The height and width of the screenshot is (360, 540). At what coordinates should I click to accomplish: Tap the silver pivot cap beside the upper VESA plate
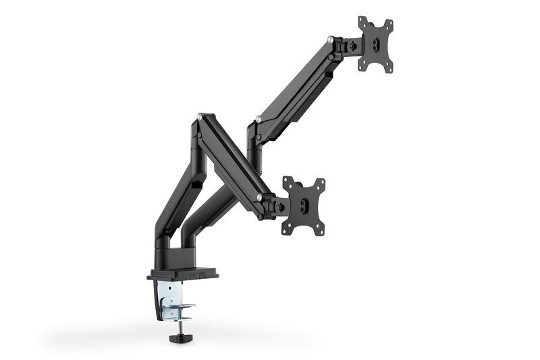pos(329,39)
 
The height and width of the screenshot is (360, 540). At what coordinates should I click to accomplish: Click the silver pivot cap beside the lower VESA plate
pos(259,197)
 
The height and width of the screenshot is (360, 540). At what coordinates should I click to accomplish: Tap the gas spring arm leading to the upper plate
pos(297,88)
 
